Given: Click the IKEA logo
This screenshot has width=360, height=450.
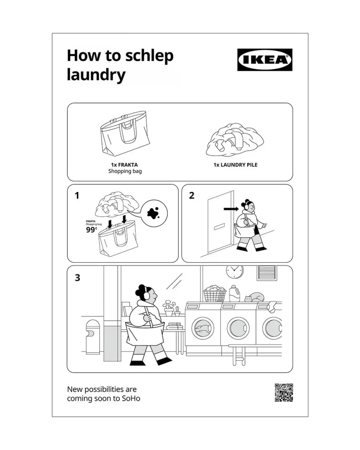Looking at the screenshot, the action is [x=265, y=60].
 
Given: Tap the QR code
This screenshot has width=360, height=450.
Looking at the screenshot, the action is [x=284, y=392].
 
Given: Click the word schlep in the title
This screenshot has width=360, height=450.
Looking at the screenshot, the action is [x=149, y=57].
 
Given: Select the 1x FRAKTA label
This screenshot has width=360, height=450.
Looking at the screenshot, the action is [x=124, y=165].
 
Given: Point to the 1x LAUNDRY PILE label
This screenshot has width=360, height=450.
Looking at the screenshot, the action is [x=236, y=165].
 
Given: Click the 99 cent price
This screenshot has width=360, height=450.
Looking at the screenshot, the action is [x=91, y=229].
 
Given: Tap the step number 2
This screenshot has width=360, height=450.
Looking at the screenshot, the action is [x=192, y=196].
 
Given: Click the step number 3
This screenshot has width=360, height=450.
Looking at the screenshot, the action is [x=77, y=278].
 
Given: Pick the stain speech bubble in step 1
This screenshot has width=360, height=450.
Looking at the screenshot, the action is [x=155, y=213].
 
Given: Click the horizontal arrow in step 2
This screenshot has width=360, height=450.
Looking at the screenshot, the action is [x=231, y=209].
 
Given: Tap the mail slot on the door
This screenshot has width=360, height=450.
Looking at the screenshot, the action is [x=219, y=227].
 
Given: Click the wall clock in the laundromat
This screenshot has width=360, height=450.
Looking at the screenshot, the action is [x=235, y=272].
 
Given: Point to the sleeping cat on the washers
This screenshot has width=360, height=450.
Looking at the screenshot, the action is [x=255, y=298].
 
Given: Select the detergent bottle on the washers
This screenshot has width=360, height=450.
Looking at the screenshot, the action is [x=235, y=293].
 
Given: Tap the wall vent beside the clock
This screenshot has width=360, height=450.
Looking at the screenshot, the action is [x=266, y=272].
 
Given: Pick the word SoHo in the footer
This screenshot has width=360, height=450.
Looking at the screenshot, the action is [x=131, y=398].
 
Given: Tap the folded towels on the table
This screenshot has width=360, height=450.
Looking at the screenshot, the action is [x=175, y=326].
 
